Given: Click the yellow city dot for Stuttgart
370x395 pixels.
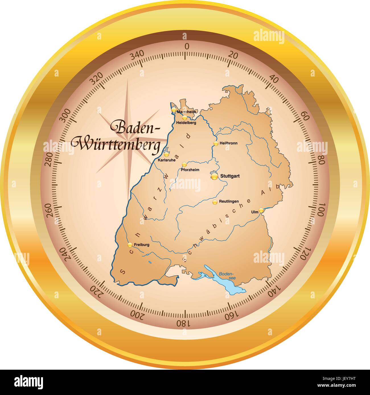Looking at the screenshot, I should click(x=215, y=176).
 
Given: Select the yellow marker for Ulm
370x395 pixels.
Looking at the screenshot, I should click(x=261, y=210).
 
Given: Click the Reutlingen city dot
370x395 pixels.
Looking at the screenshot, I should click(x=215, y=202).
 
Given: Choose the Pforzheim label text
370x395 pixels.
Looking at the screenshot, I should click(x=190, y=170).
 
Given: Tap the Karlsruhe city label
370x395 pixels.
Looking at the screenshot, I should click(x=167, y=160).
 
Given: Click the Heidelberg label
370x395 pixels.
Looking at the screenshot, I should click(x=186, y=123).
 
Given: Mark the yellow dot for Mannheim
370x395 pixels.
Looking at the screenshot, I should click(x=174, y=109).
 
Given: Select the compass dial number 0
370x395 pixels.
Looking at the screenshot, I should click(x=187, y=47).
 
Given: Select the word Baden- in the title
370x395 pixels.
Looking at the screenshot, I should click(x=135, y=127).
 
